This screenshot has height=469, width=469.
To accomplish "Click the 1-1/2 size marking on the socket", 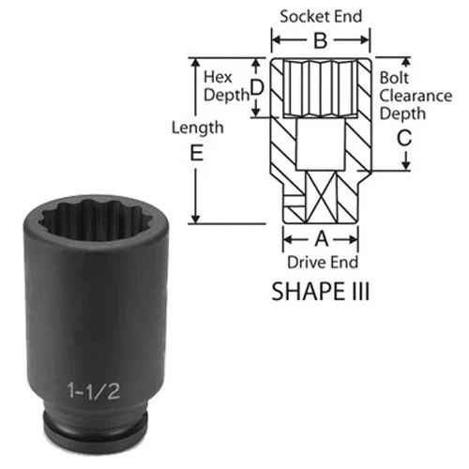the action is click(x=94, y=391).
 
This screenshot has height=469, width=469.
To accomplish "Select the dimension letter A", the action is click(x=322, y=239).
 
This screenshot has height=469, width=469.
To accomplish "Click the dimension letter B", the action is click(x=321, y=40).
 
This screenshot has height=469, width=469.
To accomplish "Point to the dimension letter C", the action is click(x=404, y=138).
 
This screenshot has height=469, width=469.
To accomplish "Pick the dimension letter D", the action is click(x=257, y=87).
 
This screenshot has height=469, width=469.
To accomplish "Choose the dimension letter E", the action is click(x=197, y=153).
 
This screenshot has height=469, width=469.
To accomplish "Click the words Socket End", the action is click(x=321, y=16).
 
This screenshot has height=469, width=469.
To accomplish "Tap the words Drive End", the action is click(x=323, y=262).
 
